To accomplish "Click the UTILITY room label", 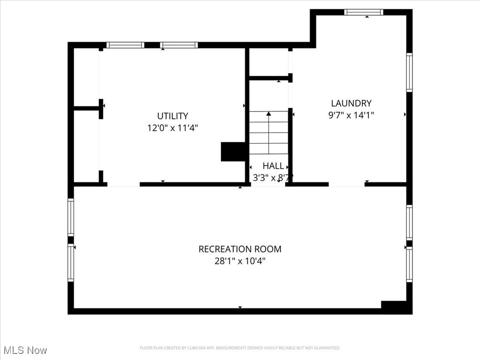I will click(x=172, y=116).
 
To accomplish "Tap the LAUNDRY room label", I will click(x=351, y=103).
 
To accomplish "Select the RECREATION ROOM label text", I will click(x=240, y=249).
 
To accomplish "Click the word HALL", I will click(x=273, y=166).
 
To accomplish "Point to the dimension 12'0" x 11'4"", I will click(x=172, y=127).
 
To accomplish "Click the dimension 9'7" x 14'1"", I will click(x=351, y=114).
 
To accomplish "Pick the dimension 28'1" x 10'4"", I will click(x=240, y=261).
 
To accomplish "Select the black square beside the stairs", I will click(x=233, y=151).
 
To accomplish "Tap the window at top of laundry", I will click(x=364, y=12).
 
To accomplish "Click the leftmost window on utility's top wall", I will click(x=125, y=45).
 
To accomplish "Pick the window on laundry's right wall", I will click(x=409, y=72).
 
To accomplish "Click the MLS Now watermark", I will click(x=25, y=350).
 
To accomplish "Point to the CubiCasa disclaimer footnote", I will click(x=240, y=348).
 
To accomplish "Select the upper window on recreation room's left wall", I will click(x=71, y=217).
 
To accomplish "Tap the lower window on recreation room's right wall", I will click(x=409, y=264).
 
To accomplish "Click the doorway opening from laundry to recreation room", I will click(x=346, y=185).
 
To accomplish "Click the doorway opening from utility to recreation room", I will click(x=123, y=185).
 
